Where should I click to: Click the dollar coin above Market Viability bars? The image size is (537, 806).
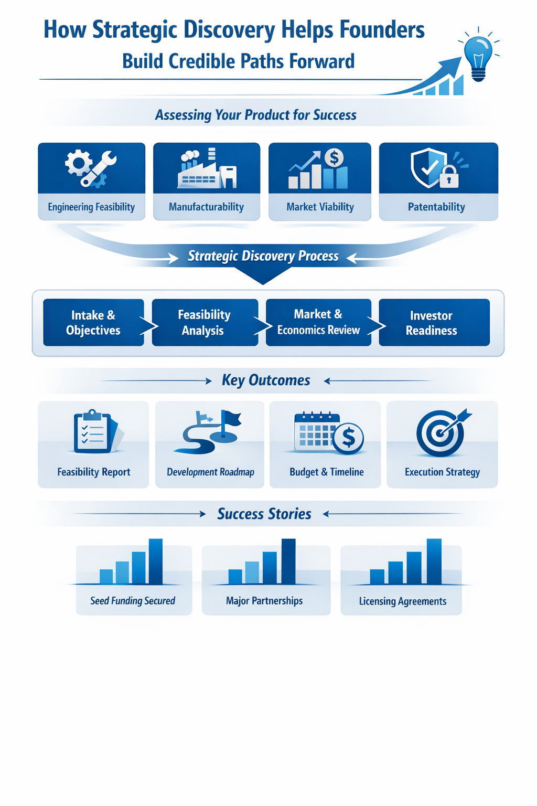tap(334, 157)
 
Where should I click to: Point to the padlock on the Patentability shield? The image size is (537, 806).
tap(449, 177)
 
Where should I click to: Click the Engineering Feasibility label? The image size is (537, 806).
tap(91, 207)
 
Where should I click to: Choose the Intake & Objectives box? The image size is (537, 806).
tap(93, 323)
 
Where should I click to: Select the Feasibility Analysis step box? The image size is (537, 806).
tap(205, 323)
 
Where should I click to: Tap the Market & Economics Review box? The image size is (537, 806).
tap(318, 322)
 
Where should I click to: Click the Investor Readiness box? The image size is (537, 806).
tap(434, 323)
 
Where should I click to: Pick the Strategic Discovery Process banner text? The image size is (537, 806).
tap(263, 256)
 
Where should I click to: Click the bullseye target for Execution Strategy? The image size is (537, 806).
tap(441, 433)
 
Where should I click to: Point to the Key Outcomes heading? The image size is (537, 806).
tap(266, 380)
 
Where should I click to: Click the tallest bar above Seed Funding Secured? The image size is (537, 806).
tap(156, 561)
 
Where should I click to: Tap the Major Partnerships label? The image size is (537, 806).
tap(264, 601)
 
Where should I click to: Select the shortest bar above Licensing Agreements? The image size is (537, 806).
tap(377, 577)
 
